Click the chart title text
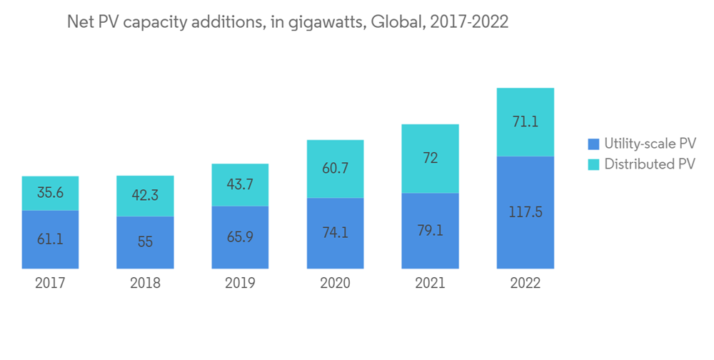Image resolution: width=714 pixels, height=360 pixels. (x=287, y=22)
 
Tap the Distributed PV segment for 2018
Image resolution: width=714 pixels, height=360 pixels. (x=145, y=196)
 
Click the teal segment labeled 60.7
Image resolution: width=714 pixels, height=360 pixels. (x=335, y=169)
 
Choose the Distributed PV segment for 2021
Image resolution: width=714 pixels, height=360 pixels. (x=430, y=159)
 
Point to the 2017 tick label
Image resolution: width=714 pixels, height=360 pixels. (x=50, y=283)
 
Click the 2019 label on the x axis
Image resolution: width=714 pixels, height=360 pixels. (x=240, y=283)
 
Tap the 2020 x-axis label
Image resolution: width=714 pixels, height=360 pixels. (x=335, y=283)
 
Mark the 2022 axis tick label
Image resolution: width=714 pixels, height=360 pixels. (x=525, y=283)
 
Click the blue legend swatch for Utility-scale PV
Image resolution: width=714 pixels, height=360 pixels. (x=593, y=144)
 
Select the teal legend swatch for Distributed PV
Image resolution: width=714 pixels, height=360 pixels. (x=593, y=164)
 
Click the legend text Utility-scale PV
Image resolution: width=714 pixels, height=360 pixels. (x=650, y=144)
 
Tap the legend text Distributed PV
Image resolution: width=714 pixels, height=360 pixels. (x=649, y=164)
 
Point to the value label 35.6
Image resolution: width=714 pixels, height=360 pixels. (x=50, y=193)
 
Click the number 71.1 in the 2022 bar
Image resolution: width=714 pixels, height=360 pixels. (x=525, y=121)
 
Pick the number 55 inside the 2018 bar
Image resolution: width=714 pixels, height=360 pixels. (x=145, y=241)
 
